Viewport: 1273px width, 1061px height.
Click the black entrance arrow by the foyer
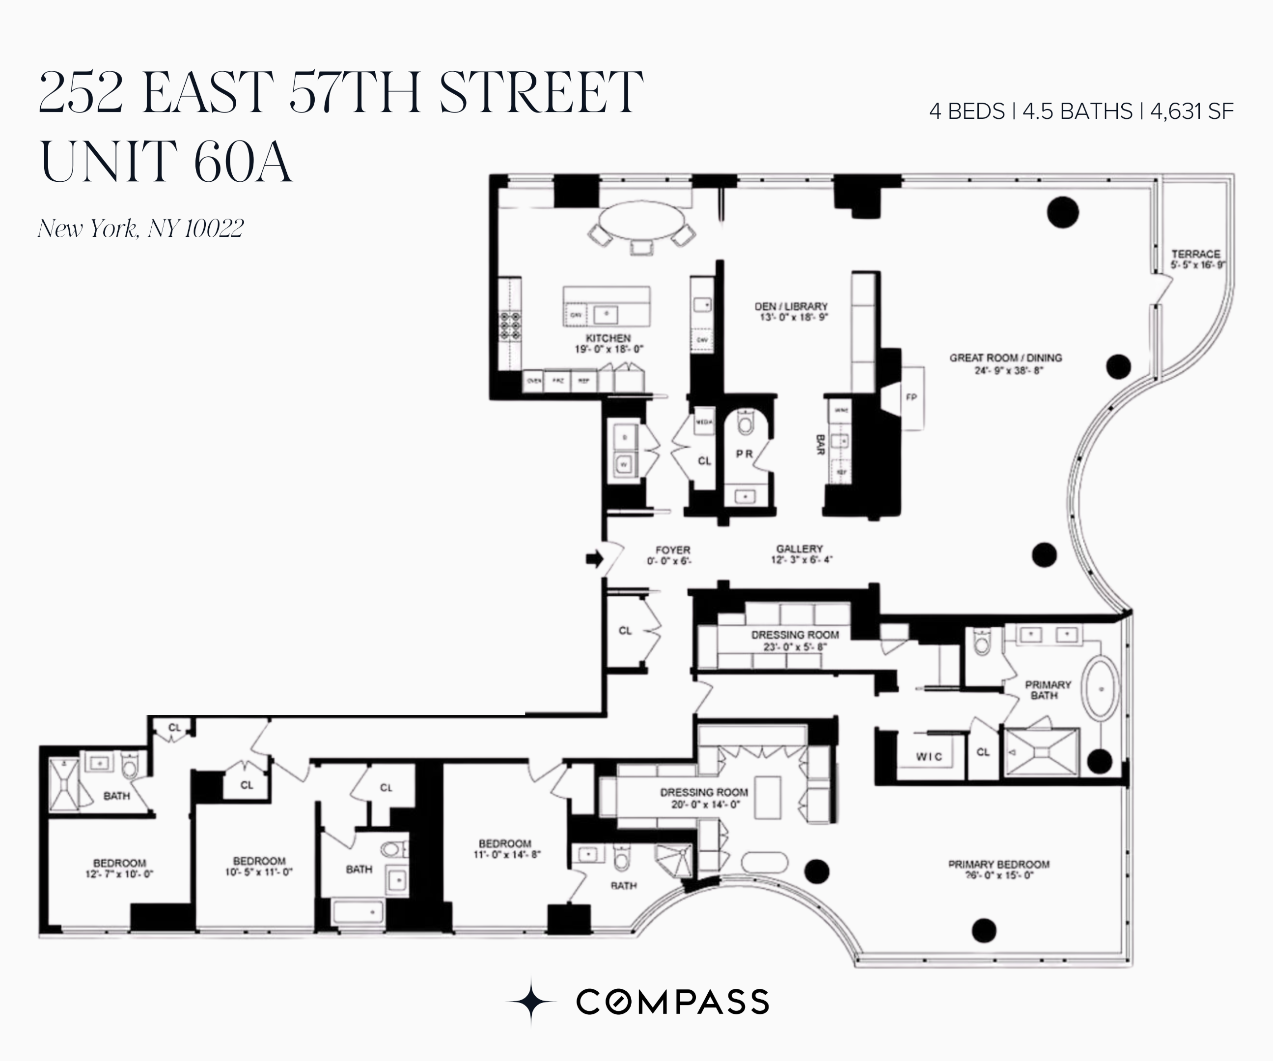[595, 559]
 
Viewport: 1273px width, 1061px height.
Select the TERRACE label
[1195, 254]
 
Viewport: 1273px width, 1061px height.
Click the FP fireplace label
[911, 397]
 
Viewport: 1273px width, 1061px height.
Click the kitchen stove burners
[510, 326]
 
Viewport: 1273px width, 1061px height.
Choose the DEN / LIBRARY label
[791, 306]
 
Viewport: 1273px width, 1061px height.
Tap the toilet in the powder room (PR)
[745, 421]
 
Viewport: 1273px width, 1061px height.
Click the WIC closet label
[929, 756]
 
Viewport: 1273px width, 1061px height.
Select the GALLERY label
[800, 548]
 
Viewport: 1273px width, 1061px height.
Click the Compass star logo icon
[531, 1002]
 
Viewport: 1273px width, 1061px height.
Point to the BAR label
[820, 445]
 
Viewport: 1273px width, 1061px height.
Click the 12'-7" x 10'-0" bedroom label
[119, 868]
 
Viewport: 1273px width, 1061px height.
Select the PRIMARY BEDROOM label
[998, 864]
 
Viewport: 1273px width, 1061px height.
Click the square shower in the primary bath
[1042, 753]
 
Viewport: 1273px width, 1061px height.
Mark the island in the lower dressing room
[768, 797]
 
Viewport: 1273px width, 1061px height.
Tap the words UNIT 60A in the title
[166, 162]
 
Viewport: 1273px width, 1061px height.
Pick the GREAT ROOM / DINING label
[1006, 358]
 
